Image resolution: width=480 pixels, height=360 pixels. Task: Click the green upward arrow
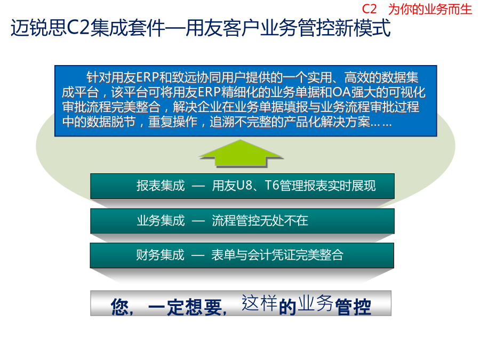[x=241, y=153]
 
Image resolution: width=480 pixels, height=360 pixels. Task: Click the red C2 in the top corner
[x=369, y=9]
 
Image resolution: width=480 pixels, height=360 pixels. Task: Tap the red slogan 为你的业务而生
[x=430, y=9]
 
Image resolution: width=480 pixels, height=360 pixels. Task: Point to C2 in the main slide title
[x=78, y=28]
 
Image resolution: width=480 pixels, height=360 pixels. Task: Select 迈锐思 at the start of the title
[x=38, y=28]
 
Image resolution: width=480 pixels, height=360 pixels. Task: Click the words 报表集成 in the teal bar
[x=161, y=186]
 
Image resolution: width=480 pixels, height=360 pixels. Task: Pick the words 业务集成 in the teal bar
[x=161, y=220]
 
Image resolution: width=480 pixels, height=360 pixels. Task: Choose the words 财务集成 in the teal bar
[x=161, y=255]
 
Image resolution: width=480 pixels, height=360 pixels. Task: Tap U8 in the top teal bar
[x=244, y=186]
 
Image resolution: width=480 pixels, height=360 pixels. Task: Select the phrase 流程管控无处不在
[x=260, y=220]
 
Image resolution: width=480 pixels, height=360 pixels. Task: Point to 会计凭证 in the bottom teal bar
[x=271, y=255]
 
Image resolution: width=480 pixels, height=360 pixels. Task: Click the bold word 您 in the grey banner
[x=119, y=307]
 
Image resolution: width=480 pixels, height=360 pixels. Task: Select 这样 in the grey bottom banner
[x=260, y=303]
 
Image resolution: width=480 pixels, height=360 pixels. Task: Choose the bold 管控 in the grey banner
[x=353, y=307]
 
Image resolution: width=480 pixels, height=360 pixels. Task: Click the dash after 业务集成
[x=198, y=221]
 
